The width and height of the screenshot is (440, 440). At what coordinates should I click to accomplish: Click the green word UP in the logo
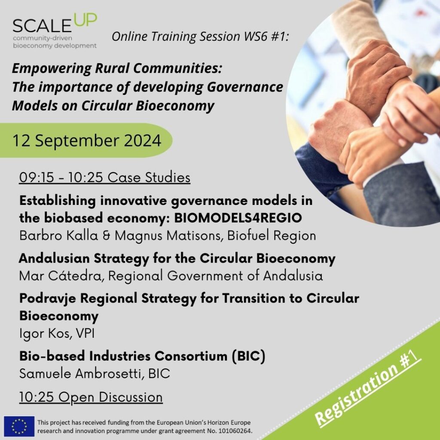[x=86, y=20]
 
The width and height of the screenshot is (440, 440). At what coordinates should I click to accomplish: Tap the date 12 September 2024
[x=87, y=141]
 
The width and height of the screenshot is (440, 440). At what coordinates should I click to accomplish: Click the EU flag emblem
[x=19, y=426]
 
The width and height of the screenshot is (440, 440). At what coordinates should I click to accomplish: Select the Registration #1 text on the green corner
[x=368, y=391]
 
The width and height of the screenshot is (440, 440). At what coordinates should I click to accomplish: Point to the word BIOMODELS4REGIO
[x=238, y=218]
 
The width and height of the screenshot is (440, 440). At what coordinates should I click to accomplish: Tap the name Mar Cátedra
[x=60, y=275]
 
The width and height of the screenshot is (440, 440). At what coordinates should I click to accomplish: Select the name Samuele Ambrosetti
[x=79, y=373]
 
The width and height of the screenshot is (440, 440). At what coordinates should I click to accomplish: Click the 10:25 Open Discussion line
[x=91, y=397]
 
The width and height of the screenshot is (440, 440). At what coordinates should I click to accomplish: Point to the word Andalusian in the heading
[x=54, y=258]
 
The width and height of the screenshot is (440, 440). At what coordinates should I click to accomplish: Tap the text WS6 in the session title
[x=255, y=36]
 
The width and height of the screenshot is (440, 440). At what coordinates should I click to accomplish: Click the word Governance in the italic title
[x=245, y=87]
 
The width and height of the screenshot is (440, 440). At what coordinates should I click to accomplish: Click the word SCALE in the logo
[x=42, y=26]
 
